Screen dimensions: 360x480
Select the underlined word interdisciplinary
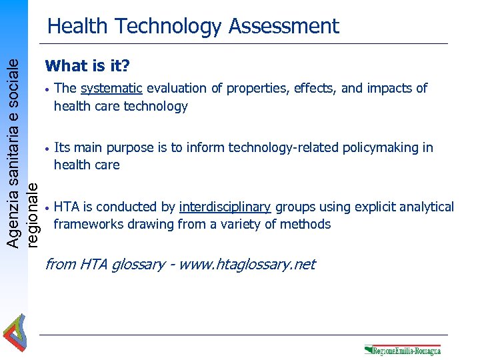(x=225, y=207)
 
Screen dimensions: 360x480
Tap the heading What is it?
(x=87, y=66)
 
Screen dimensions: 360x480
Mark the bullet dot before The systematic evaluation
(x=47, y=89)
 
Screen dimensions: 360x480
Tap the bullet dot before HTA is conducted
(x=47, y=208)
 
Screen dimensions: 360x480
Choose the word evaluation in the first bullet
(x=177, y=89)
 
